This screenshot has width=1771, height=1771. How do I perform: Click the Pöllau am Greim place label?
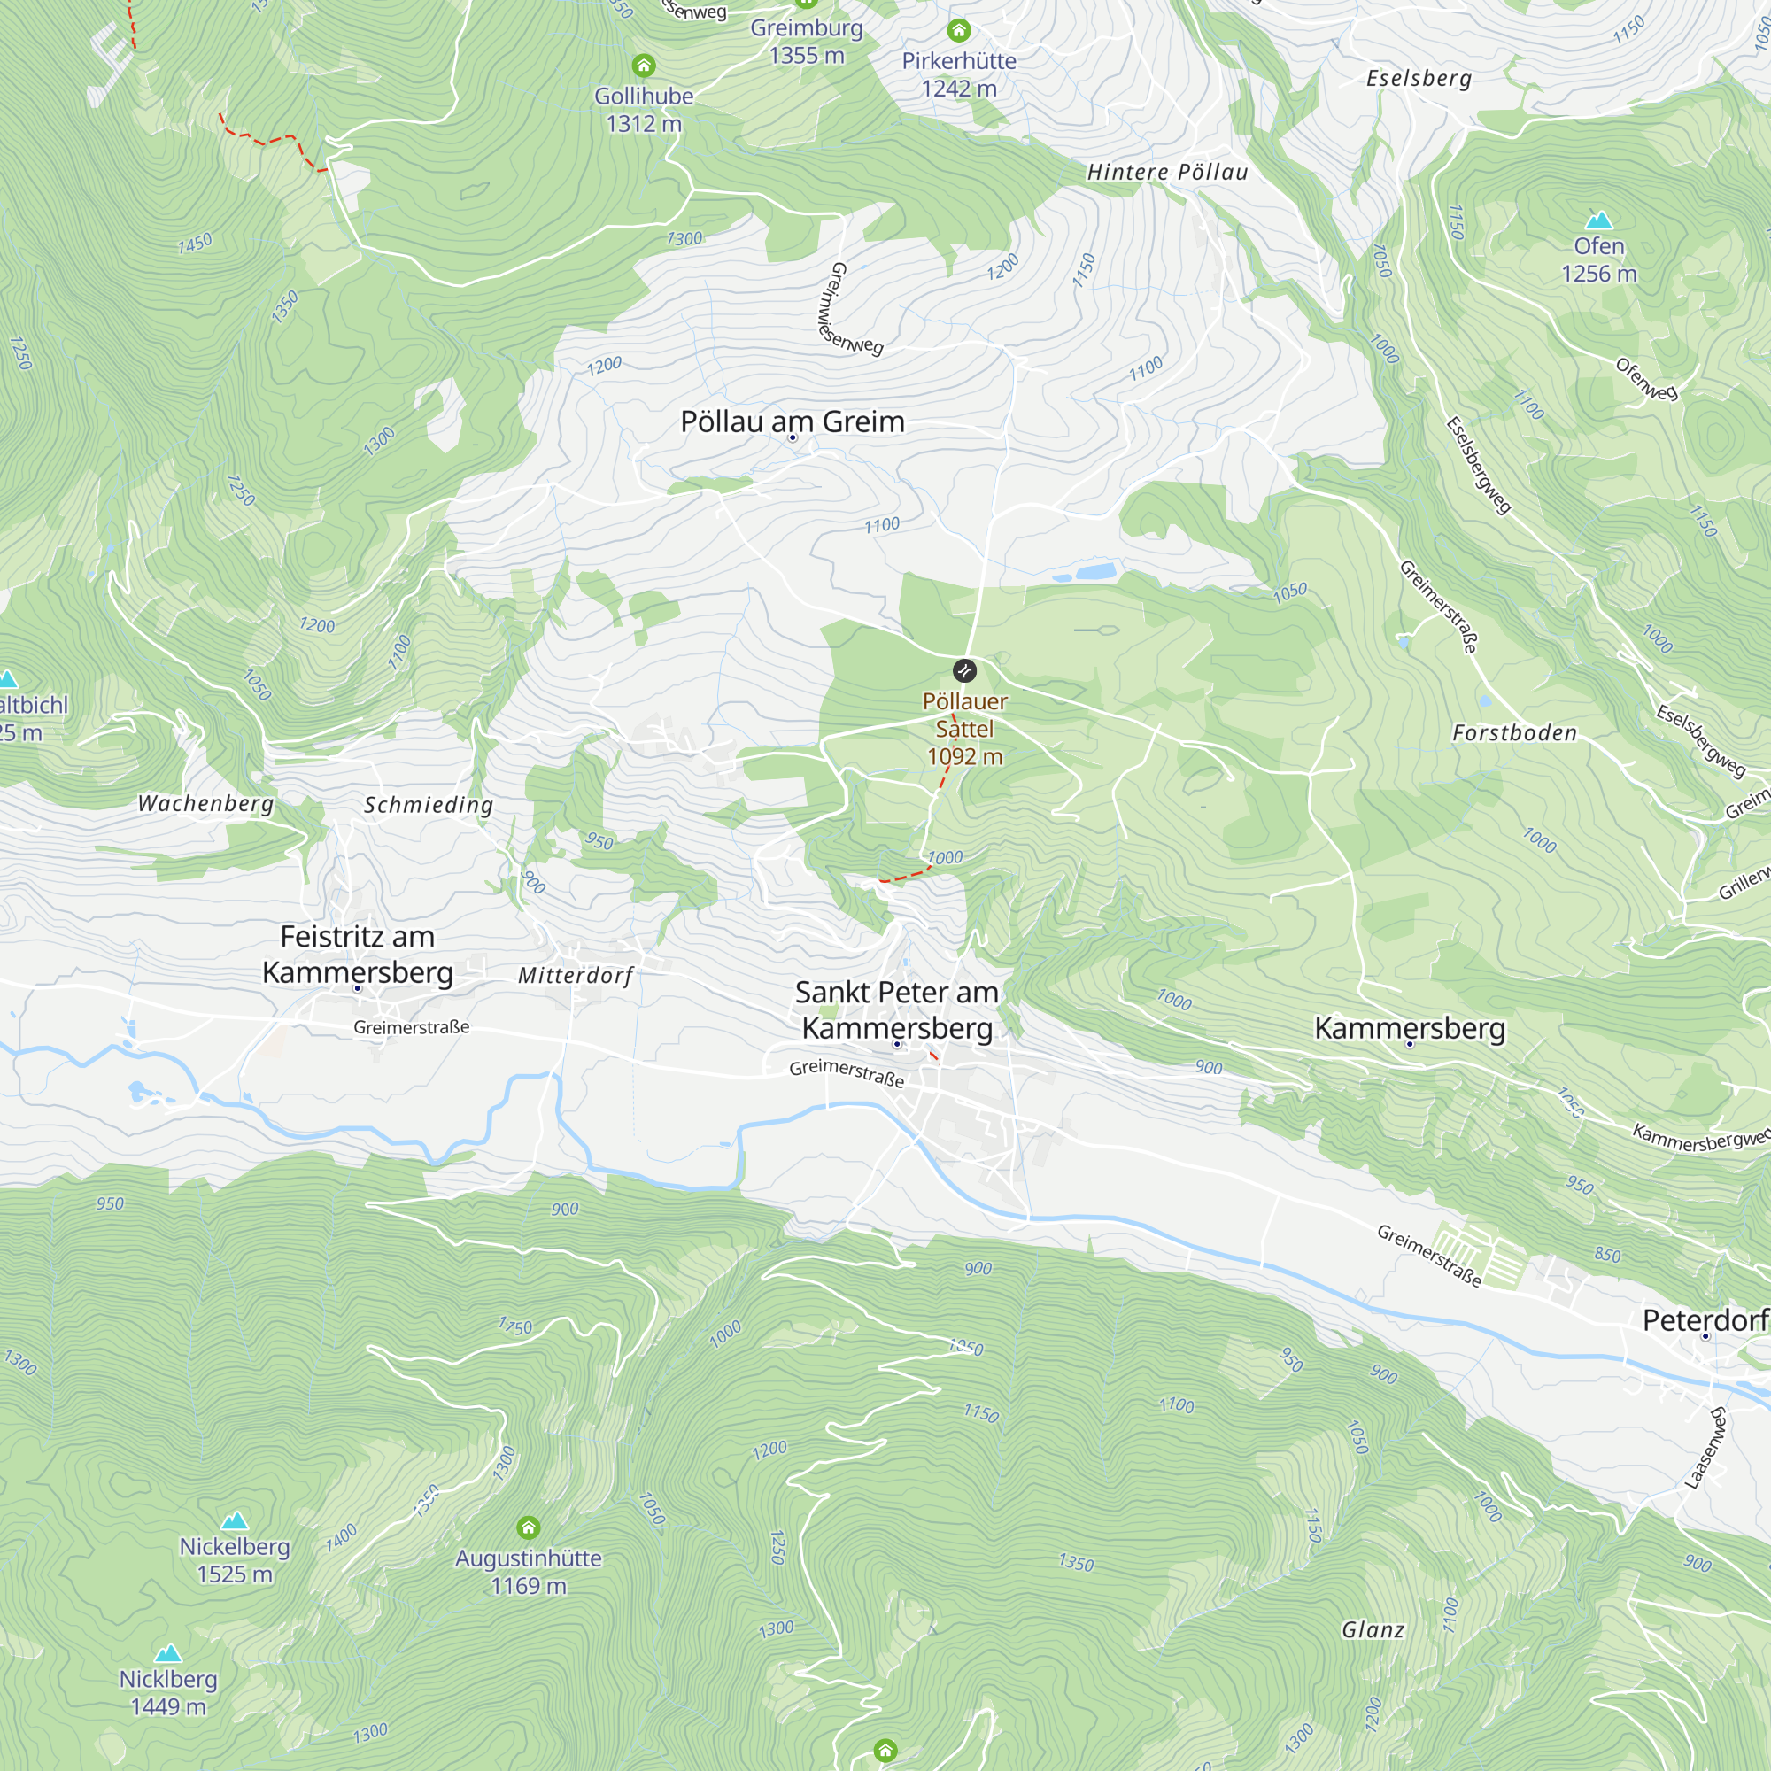point(792,421)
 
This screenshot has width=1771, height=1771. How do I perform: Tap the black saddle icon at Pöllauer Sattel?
point(964,671)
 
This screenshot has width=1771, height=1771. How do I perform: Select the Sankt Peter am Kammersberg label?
point(896,1009)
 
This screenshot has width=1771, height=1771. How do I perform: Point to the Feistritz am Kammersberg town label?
point(358,955)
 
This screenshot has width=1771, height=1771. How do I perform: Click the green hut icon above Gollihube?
point(644,65)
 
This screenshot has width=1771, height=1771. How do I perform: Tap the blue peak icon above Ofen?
point(1598,220)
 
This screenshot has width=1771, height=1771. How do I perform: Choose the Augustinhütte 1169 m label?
point(528,1571)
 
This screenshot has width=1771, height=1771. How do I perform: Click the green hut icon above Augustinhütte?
point(528,1527)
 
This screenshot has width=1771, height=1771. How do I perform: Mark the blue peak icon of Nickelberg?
point(235,1520)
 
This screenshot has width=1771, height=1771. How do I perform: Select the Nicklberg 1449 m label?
point(168,1692)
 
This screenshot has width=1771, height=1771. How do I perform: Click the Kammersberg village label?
point(1410,1027)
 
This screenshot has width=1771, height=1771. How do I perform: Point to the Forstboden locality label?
point(1514,732)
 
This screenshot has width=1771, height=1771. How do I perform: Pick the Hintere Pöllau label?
point(1167,173)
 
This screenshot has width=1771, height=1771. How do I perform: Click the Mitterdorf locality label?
point(576,975)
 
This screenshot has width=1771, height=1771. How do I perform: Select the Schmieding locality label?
point(429,805)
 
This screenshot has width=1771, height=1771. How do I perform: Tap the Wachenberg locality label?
point(206,803)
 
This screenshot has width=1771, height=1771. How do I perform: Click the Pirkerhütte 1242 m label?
point(959,74)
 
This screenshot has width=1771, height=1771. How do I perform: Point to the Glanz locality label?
point(1373,1630)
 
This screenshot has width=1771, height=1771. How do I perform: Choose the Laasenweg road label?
point(1707,1449)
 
